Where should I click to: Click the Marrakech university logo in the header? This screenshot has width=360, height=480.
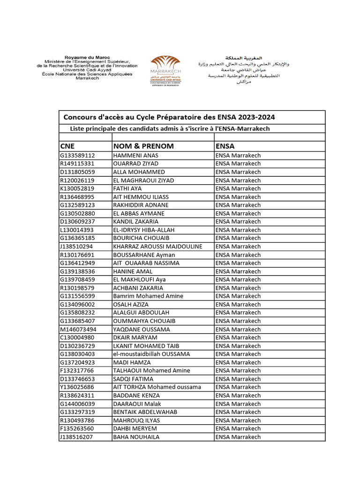click(165, 70)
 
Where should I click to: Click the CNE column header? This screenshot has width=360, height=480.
click(67, 146)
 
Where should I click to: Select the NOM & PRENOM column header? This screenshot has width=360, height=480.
click(143, 146)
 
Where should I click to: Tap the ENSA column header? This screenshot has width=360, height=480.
click(225, 146)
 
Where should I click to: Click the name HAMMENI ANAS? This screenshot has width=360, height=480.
click(136, 156)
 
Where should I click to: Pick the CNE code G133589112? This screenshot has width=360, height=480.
click(77, 156)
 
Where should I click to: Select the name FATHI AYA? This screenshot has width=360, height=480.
click(127, 188)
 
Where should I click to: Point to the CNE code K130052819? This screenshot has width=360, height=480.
click(77, 188)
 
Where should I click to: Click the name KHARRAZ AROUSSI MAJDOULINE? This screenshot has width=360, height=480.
click(157, 247)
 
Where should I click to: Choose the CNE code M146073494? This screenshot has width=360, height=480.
click(78, 329)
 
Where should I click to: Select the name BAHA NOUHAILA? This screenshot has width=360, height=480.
click(136, 437)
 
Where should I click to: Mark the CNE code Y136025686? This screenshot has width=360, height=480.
click(77, 387)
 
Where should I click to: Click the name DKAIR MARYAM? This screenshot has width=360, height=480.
click(135, 337)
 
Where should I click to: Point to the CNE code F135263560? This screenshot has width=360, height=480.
click(77, 428)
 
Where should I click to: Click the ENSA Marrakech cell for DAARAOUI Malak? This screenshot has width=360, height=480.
click(238, 404)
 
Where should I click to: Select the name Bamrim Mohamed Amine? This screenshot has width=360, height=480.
click(148, 296)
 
